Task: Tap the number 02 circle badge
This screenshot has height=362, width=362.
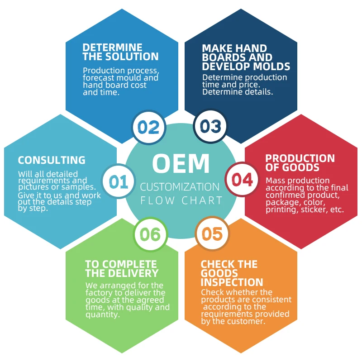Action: coord(149,127)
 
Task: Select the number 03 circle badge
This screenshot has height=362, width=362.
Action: coord(210,127)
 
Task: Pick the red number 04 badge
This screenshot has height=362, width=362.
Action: coord(242,180)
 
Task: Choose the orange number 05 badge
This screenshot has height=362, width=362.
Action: coord(212,234)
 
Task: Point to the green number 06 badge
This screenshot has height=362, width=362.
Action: coord(150,234)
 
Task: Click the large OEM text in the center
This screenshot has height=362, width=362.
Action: coord(181,163)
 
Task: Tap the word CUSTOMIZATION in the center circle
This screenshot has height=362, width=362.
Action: coord(180,187)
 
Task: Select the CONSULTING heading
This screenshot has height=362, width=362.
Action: coord(52,160)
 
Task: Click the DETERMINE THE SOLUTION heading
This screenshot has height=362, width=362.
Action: coord(120,52)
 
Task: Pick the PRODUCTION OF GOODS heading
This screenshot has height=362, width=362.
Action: coord(300,163)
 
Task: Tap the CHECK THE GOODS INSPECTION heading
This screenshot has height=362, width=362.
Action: coord(232,273)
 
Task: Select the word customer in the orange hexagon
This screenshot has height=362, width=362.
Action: coord(248,322)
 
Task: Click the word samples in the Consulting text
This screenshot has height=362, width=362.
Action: coord(77,187)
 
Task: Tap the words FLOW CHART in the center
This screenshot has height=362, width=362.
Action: coord(181,200)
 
